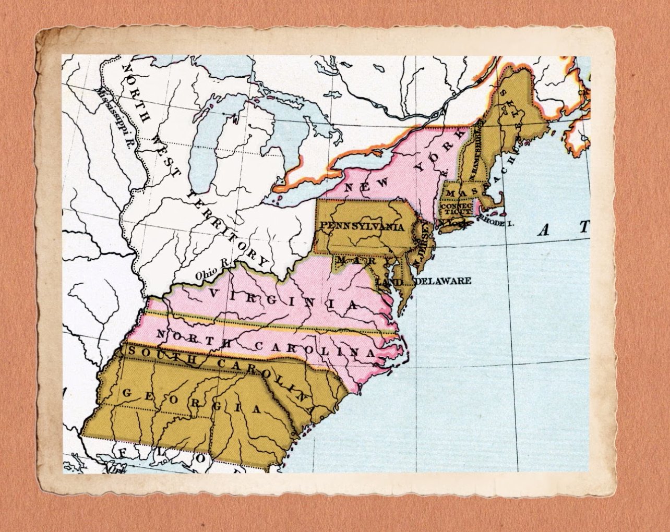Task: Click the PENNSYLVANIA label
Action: (362, 226)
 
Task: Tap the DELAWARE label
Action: (443, 281)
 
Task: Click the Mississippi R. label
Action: (113, 118)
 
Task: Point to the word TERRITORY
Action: (230, 229)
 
